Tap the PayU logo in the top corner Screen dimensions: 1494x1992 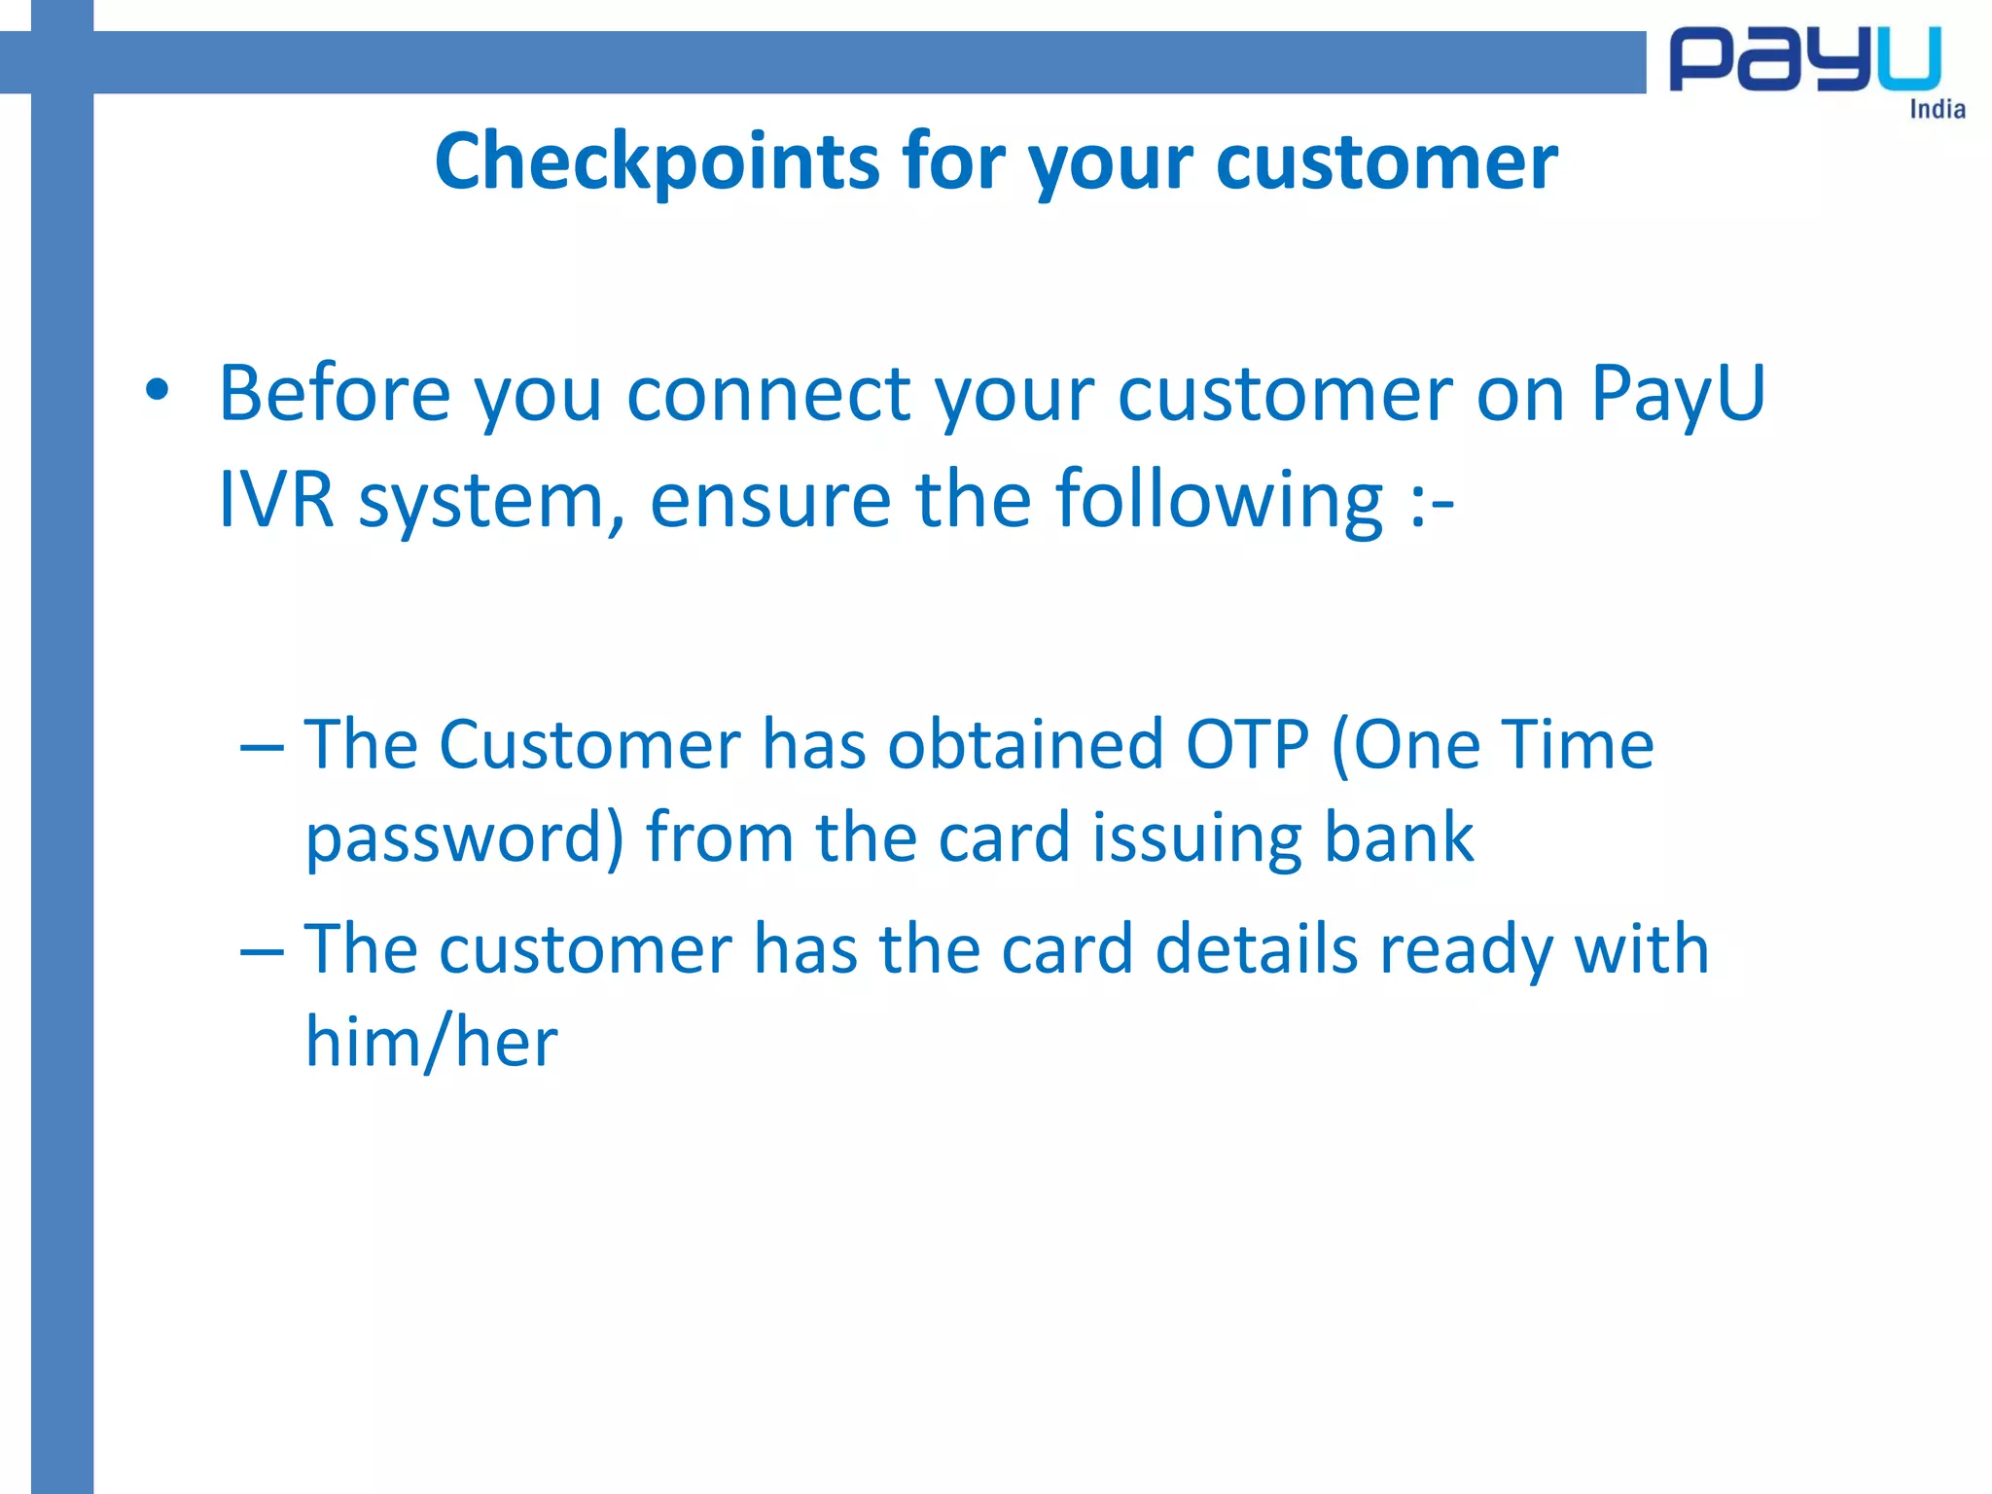tap(1805, 60)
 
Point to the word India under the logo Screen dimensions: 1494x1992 tap(1937, 109)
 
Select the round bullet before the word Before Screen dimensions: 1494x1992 tap(157, 391)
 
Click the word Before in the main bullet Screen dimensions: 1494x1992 tap(334, 393)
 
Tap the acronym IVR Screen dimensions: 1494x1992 tap(276, 499)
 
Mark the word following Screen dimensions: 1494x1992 tap(1219, 501)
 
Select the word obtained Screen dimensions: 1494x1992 tap(1025, 745)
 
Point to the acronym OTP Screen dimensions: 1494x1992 tap(1247, 745)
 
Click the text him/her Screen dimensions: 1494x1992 tap(432, 1042)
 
